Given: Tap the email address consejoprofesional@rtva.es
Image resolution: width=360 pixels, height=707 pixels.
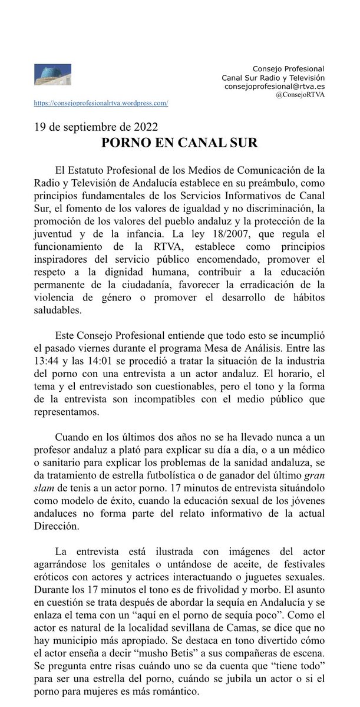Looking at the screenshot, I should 275,86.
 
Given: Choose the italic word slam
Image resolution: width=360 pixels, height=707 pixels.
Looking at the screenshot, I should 44,488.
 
